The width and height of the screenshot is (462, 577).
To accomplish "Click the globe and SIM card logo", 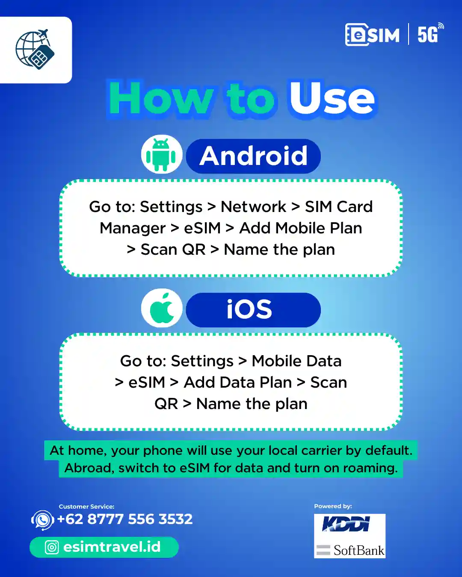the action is coord(35,49).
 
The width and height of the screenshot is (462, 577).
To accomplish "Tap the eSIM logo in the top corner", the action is coord(372,35).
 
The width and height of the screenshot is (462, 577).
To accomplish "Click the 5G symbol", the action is coord(430,33).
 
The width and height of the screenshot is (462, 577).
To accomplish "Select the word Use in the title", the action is coord(332,98).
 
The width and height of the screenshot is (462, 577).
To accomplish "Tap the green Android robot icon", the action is coord(161,155).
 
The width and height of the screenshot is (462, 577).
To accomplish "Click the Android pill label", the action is coord(253,156).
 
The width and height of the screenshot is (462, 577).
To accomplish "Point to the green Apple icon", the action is coord(162,308).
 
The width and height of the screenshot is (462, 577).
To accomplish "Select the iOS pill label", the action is coord(253,310).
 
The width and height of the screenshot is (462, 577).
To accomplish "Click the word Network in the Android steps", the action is coord(253,207).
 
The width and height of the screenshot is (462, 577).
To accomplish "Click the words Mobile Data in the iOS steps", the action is coord(296,361).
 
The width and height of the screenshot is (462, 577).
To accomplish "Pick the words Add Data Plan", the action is coord(237,383).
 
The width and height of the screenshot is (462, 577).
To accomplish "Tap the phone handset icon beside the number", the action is coord(42,520).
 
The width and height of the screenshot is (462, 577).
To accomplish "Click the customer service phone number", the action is coord(125,519).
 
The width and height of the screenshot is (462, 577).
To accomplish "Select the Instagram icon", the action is coord(51,547).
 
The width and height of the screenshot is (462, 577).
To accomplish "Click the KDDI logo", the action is coord(346,524).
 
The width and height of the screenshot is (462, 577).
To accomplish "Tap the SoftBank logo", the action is coord(350,550).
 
